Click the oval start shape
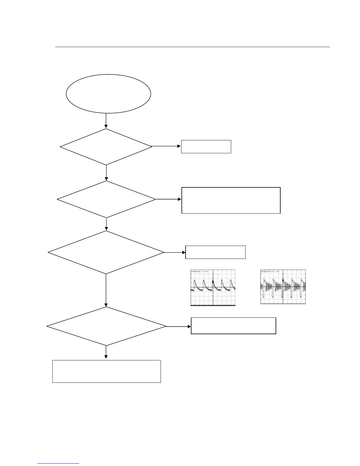(x=108, y=94)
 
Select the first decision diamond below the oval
(x=106, y=147)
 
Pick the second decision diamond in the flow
(x=106, y=199)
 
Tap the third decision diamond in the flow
(x=106, y=252)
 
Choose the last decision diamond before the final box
(x=106, y=326)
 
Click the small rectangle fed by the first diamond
(x=206, y=147)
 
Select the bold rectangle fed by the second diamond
(x=231, y=200)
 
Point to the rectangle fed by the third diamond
(x=215, y=252)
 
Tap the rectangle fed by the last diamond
(x=233, y=326)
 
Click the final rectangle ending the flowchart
(x=106, y=371)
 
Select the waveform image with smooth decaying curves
(x=213, y=287)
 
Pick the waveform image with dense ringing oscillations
(x=283, y=287)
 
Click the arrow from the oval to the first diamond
(x=106, y=121)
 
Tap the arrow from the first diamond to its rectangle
(x=166, y=146)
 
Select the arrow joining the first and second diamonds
(x=106, y=173)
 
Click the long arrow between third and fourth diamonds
(x=106, y=290)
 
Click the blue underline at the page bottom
(x=59, y=464)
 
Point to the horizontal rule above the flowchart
(x=193, y=47)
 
